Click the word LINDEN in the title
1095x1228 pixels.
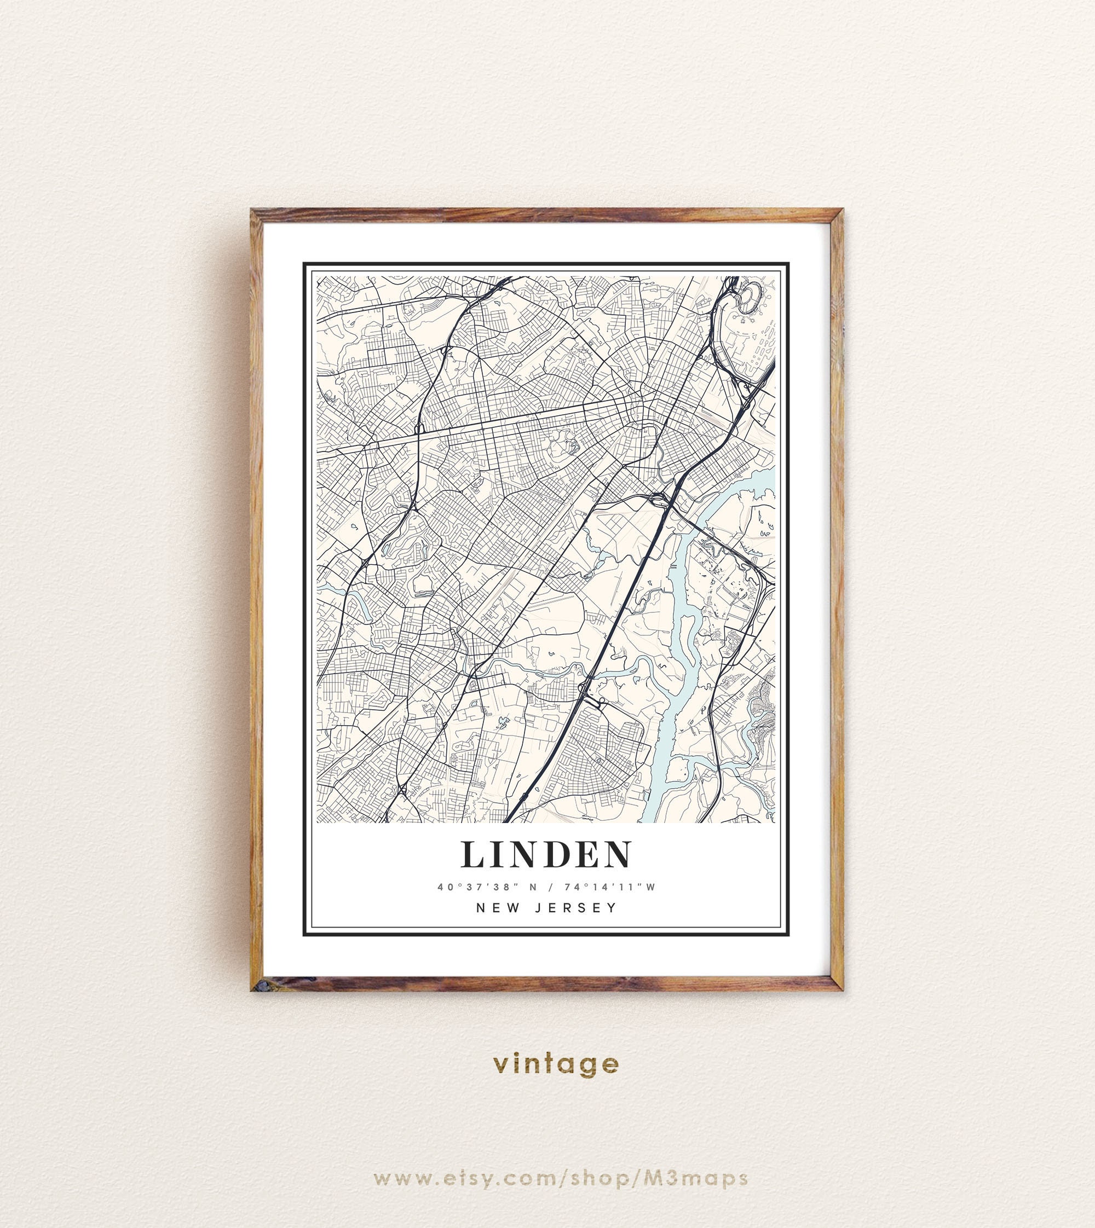pos(547,855)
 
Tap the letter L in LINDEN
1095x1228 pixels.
pos(474,855)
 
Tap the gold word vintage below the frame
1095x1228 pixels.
pos(555,1064)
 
